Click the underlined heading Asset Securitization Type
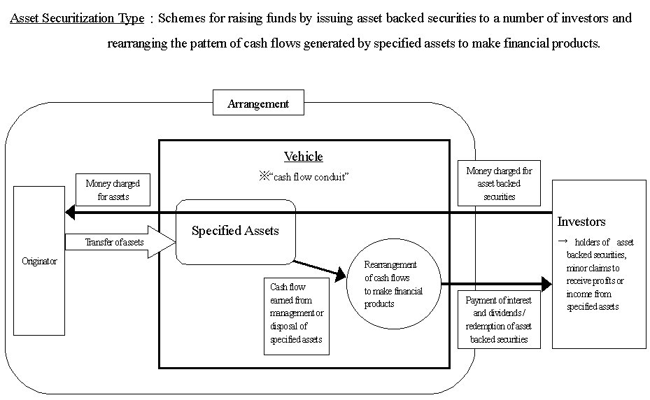pyautogui.click(x=76, y=19)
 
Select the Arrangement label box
pyautogui.click(x=258, y=103)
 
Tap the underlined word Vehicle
pyautogui.click(x=303, y=157)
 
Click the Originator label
pyautogui.click(x=39, y=261)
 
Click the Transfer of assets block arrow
pyautogui.click(x=119, y=242)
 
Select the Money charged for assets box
pyautogui.click(x=113, y=190)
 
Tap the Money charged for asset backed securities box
pyautogui.click(x=499, y=184)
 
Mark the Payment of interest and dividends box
pyautogui.click(x=499, y=320)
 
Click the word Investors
pyautogui.click(x=581, y=222)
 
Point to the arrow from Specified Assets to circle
pyautogui.click(x=319, y=270)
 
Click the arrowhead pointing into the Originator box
pyautogui.click(x=68, y=212)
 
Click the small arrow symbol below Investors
pyautogui.click(x=562, y=239)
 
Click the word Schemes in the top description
pyautogui.click(x=180, y=19)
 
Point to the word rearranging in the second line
pyautogui.click(x=134, y=43)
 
